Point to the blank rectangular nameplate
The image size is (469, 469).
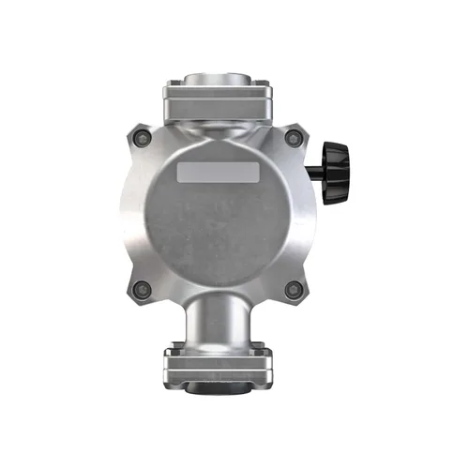pos(218,173)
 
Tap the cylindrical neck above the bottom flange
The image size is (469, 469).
pos(218,324)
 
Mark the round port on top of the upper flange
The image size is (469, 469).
pos(218,79)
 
